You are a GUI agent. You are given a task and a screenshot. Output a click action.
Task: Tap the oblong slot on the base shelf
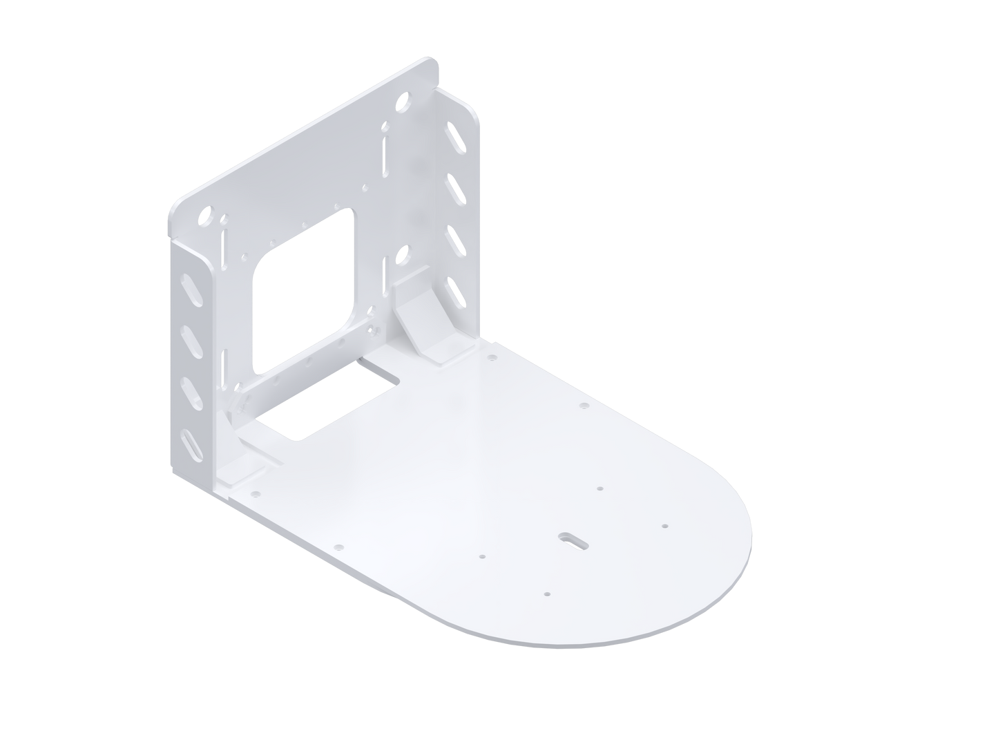pos(572,538)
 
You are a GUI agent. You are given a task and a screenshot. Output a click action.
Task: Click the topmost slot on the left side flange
pos(187,287)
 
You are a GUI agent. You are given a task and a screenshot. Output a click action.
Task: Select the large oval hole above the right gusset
pos(400,256)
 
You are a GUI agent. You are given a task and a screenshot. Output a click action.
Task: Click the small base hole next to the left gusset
pos(255,495)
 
